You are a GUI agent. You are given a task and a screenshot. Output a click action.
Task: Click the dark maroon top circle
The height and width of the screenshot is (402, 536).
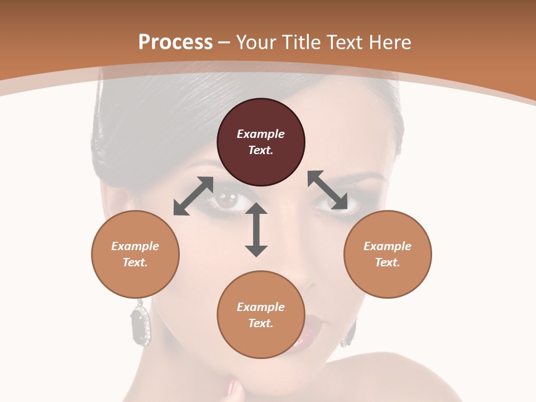(261, 142)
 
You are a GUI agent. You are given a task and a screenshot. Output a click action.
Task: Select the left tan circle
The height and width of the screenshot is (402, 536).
(135, 254)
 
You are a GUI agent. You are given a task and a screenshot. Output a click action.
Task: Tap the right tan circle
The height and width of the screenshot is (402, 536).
(387, 254)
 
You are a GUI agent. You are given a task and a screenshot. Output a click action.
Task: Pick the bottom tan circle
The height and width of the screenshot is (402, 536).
(261, 314)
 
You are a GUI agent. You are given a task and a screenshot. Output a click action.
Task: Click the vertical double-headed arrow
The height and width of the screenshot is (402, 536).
(256, 229)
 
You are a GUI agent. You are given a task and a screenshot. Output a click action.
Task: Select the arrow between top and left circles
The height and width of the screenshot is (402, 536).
(193, 196)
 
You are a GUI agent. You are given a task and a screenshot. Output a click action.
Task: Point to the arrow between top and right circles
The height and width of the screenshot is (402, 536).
(327, 190)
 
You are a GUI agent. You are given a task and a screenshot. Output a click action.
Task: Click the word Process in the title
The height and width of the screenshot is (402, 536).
(175, 42)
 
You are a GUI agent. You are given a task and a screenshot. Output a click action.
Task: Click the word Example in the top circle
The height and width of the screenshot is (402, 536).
(261, 134)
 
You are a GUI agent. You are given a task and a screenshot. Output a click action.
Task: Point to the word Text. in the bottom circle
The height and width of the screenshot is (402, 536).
(261, 323)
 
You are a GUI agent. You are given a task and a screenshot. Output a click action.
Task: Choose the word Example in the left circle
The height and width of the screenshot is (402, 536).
(135, 246)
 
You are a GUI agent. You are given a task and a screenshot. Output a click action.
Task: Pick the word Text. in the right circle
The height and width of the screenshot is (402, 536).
(387, 262)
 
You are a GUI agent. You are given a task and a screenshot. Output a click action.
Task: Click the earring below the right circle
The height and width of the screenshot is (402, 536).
(350, 333)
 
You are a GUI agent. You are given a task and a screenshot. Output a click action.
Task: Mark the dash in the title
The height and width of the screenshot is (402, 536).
(224, 42)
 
